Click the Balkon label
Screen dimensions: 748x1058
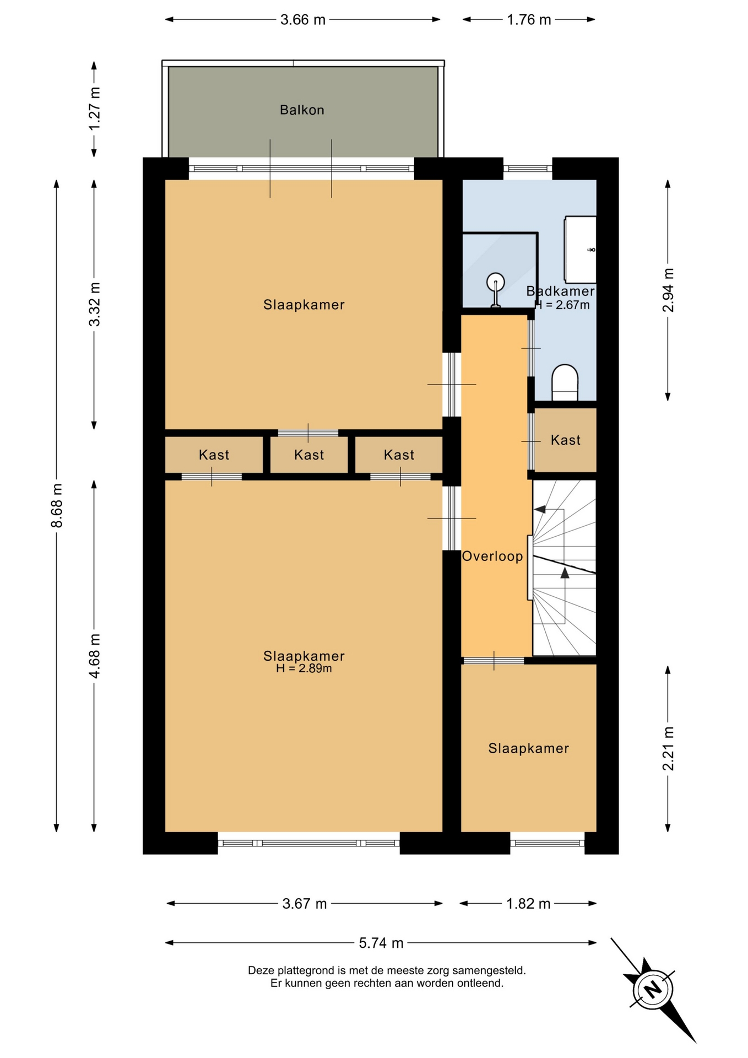pos(302,110)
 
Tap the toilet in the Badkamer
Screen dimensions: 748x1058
pos(565,382)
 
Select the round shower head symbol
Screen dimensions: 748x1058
pos(496,282)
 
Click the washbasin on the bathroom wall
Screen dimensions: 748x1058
pos(580,250)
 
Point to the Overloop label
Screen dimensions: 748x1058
pos(492,556)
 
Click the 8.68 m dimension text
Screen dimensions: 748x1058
pos(57,505)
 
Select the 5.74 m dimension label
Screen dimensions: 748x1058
pos(381,943)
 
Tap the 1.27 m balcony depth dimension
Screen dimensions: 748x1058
pos(94,109)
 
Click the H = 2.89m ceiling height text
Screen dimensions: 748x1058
pos(304,668)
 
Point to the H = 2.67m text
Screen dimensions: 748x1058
pos(563,305)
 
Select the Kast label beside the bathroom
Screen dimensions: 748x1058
pos(566,440)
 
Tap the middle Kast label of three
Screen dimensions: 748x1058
pos(309,455)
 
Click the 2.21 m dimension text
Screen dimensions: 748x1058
pos(668,748)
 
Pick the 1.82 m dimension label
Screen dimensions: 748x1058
pos(528,904)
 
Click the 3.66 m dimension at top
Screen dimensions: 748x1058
pos(303,20)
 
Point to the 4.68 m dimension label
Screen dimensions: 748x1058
pos(94,656)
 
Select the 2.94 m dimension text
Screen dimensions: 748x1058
pos(668,290)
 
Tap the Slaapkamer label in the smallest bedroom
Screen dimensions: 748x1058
pos(529,748)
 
